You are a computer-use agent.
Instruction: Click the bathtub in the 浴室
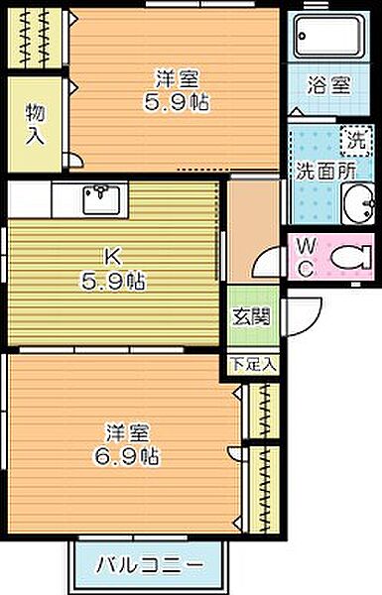point(328,36)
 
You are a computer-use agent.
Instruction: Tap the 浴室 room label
point(328,85)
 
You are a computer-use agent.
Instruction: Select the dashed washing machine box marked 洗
point(355,141)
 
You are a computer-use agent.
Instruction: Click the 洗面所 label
point(326,172)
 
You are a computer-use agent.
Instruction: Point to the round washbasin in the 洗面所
point(358,203)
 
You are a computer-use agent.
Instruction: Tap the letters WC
point(306,259)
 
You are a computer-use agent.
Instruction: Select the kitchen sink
point(101,199)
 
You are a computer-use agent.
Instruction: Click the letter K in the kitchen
point(113,257)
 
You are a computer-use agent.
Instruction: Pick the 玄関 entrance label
point(251,316)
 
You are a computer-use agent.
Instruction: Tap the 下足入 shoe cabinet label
point(253,364)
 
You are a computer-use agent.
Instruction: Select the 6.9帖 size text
point(126,456)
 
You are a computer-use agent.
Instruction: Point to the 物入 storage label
point(36,124)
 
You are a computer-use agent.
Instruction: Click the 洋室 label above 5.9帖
point(177,79)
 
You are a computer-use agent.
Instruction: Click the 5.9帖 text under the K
point(112,282)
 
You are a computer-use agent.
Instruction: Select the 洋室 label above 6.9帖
point(127,432)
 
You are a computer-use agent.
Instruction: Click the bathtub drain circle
point(302,36)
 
